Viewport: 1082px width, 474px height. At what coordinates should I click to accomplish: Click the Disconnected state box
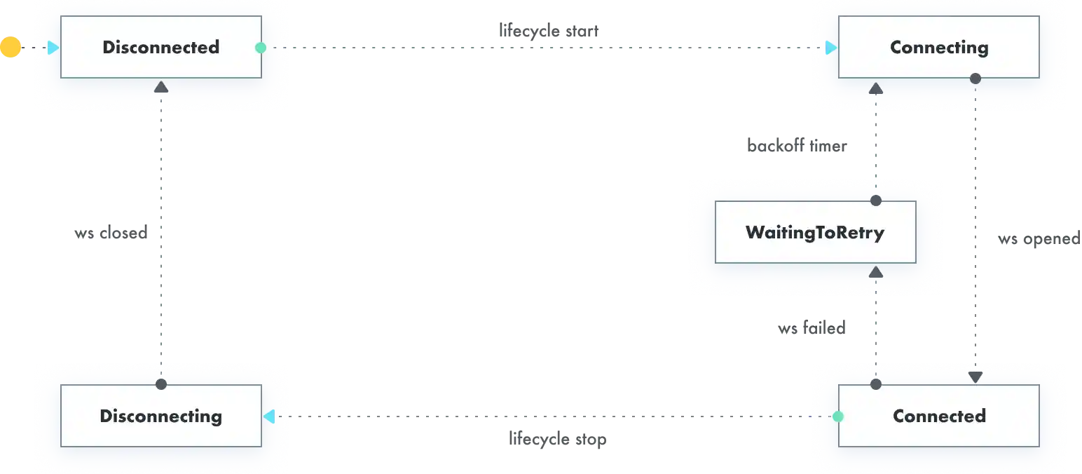pyautogui.click(x=160, y=47)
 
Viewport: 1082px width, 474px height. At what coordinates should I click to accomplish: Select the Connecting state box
pyautogui.click(x=938, y=47)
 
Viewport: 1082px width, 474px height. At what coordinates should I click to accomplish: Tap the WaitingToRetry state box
pyautogui.click(x=815, y=232)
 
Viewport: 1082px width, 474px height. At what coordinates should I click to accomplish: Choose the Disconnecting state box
pyautogui.click(x=160, y=416)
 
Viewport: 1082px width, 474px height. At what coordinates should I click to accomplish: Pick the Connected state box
pyautogui.click(x=938, y=416)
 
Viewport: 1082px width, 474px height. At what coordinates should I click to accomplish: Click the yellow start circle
pyautogui.click(x=9, y=48)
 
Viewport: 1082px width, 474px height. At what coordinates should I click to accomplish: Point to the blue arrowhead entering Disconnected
pyautogui.click(x=54, y=48)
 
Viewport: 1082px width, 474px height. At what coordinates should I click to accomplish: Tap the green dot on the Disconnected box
pyautogui.click(x=261, y=48)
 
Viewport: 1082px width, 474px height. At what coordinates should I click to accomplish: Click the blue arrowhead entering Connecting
pyautogui.click(x=831, y=48)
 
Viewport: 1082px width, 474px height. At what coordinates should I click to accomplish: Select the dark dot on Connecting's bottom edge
pyautogui.click(x=975, y=79)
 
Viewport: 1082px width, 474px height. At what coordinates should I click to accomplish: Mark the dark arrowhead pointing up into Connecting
pyautogui.click(x=875, y=88)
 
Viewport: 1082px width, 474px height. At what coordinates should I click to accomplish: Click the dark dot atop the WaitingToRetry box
pyautogui.click(x=875, y=201)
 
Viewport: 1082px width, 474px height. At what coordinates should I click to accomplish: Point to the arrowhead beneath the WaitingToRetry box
pyautogui.click(x=875, y=271)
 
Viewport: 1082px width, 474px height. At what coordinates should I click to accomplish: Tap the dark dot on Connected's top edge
pyautogui.click(x=875, y=384)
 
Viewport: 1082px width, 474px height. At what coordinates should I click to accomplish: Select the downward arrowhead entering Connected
pyautogui.click(x=975, y=377)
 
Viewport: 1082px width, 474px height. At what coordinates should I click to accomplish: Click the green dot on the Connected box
pyautogui.click(x=837, y=417)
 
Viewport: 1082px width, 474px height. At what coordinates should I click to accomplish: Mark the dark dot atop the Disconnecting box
pyautogui.click(x=161, y=384)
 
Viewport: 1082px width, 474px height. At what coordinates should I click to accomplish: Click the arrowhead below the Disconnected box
pyautogui.click(x=161, y=87)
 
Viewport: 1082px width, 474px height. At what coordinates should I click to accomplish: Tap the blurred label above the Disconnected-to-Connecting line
pyautogui.click(x=549, y=32)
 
